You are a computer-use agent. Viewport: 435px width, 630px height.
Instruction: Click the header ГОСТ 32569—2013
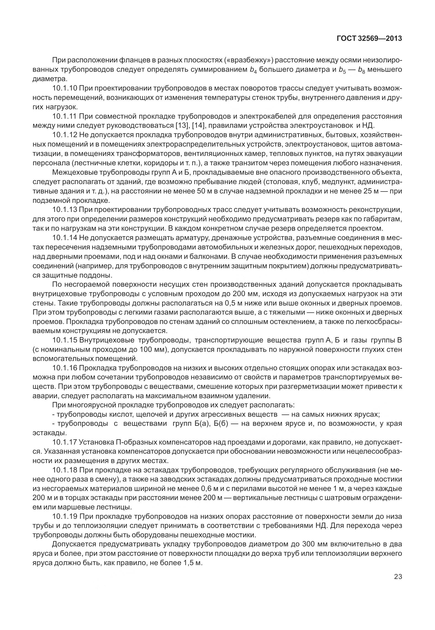[x=369, y=39]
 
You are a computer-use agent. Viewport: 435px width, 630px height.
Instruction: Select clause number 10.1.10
[x=65, y=89]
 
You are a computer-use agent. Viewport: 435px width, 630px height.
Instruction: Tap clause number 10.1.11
[x=65, y=116]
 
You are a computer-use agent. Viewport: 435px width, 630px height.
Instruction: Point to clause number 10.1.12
[x=65, y=135]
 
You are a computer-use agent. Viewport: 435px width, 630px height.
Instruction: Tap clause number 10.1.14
[x=65, y=238]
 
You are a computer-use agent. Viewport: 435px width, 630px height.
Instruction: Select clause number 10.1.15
[x=65, y=340]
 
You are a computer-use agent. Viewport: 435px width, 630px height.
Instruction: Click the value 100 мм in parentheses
[x=153, y=350]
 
